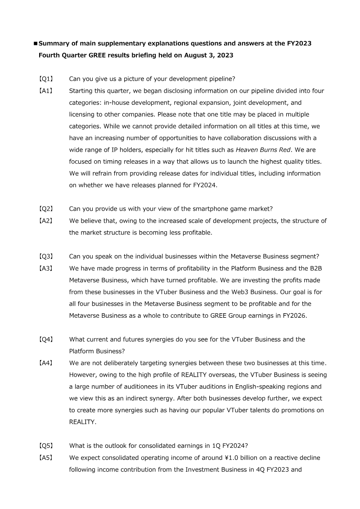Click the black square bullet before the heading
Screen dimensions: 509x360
36,44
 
